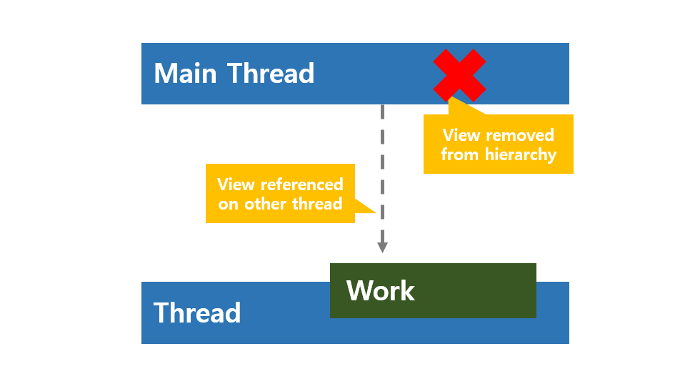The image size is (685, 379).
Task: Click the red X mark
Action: pos(459,74)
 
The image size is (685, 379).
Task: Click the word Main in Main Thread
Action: pos(186,74)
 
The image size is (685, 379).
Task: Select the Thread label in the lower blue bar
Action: pos(197,313)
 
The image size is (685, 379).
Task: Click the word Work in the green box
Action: pos(380,291)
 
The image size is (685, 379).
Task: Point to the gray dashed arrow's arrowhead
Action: pos(382,247)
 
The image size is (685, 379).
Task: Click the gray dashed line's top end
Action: pos(382,107)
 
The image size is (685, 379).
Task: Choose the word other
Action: pos(269,204)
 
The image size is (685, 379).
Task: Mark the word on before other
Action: pos(228,205)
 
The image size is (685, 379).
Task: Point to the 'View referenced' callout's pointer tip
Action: pos(375,212)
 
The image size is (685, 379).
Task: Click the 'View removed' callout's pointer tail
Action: pos(450,100)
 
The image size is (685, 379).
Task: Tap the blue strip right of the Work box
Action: pos(552,312)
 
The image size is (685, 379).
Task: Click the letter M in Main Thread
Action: pos(166,74)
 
